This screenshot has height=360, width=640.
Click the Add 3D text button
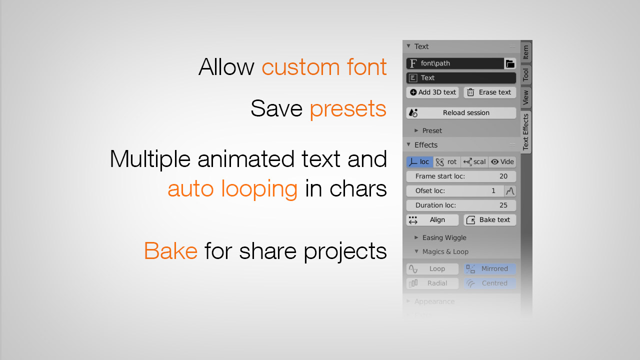tap(432, 92)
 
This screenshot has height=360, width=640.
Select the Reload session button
tap(461, 113)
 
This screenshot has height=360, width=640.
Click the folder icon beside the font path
tap(510, 63)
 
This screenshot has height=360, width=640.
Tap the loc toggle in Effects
tap(420, 162)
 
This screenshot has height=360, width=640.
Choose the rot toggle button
tap(447, 162)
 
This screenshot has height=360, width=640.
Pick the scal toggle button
tap(474, 162)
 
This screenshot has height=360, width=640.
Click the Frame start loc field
tap(461, 176)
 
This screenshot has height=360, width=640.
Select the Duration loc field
tap(461, 205)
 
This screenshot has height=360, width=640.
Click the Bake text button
tap(490, 220)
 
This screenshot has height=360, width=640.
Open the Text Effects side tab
tap(526, 131)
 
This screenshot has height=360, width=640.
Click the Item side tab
tap(526, 52)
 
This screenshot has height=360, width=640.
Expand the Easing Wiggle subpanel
tap(444, 238)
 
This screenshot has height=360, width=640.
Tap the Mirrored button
tap(490, 269)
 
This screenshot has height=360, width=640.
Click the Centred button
tap(490, 283)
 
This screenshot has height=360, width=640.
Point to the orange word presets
tap(348, 109)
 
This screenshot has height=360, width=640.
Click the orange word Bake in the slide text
tap(170, 250)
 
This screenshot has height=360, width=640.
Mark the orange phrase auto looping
tap(232, 189)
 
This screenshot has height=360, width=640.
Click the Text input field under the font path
tap(461, 78)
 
